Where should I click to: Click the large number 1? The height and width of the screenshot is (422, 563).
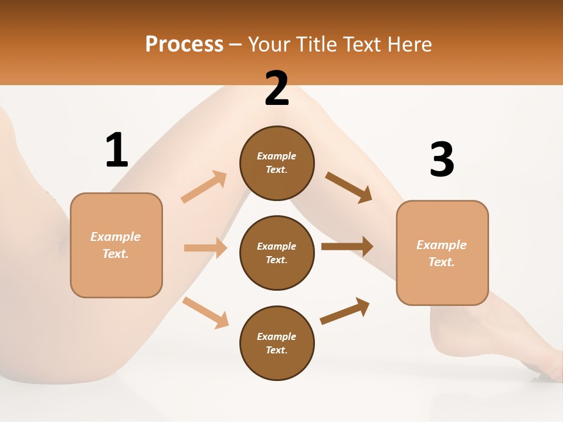[x=117, y=150]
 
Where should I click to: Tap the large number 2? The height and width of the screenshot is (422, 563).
[x=277, y=89]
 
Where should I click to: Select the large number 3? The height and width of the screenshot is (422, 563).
[x=442, y=159]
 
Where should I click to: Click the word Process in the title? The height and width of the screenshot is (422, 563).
[x=184, y=44]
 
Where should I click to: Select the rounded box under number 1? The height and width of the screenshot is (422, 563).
[x=116, y=245]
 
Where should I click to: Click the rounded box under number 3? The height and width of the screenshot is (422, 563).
[x=442, y=253]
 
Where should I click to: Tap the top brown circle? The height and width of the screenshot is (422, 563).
[x=277, y=163]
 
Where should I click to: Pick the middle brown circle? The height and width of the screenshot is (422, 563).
[x=277, y=253]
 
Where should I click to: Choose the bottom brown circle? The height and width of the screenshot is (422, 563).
[x=277, y=343]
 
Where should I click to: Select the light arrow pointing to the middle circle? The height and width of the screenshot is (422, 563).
[x=205, y=248]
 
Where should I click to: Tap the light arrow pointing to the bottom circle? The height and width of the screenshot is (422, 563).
[x=206, y=312]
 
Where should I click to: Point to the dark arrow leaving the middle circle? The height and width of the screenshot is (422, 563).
[x=347, y=246]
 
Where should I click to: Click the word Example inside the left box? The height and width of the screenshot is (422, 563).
[x=116, y=237]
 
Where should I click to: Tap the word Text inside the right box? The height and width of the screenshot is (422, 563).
[x=441, y=262]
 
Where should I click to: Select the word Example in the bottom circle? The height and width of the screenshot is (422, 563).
[x=277, y=336]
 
